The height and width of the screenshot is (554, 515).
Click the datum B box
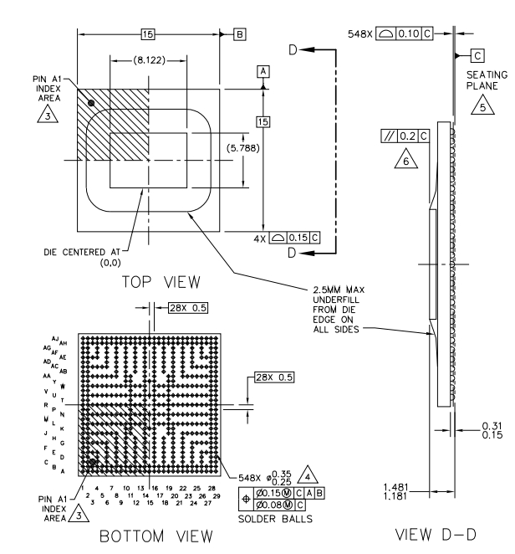239,35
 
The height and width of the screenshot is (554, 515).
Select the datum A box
263,73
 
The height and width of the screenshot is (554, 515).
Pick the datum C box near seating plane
477,55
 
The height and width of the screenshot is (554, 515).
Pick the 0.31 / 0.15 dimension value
491,428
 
